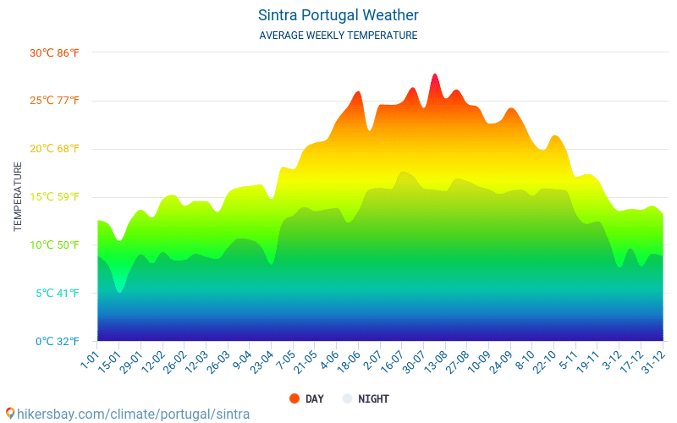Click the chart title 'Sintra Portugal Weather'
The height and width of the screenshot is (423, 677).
(338, 15)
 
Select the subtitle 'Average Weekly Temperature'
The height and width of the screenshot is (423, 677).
(338, 36)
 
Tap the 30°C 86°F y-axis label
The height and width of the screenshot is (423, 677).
(54, 52)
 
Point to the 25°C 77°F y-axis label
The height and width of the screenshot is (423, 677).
(54, 101)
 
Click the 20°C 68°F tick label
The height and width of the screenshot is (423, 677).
(54, 149)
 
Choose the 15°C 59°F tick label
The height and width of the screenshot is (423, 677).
(54, 197)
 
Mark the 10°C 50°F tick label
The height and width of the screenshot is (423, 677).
(54, 245)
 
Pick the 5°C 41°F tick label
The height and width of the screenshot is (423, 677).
(56, 294)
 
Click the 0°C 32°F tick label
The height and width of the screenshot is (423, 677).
(56, 342)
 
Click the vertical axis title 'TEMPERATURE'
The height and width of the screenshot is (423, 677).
(18, 197)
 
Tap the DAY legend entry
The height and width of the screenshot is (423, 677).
(306, 398)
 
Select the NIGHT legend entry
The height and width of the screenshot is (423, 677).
(366, 398)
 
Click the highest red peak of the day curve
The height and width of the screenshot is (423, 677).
(435, 75)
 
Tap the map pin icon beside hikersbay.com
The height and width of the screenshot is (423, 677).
(9, 414)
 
